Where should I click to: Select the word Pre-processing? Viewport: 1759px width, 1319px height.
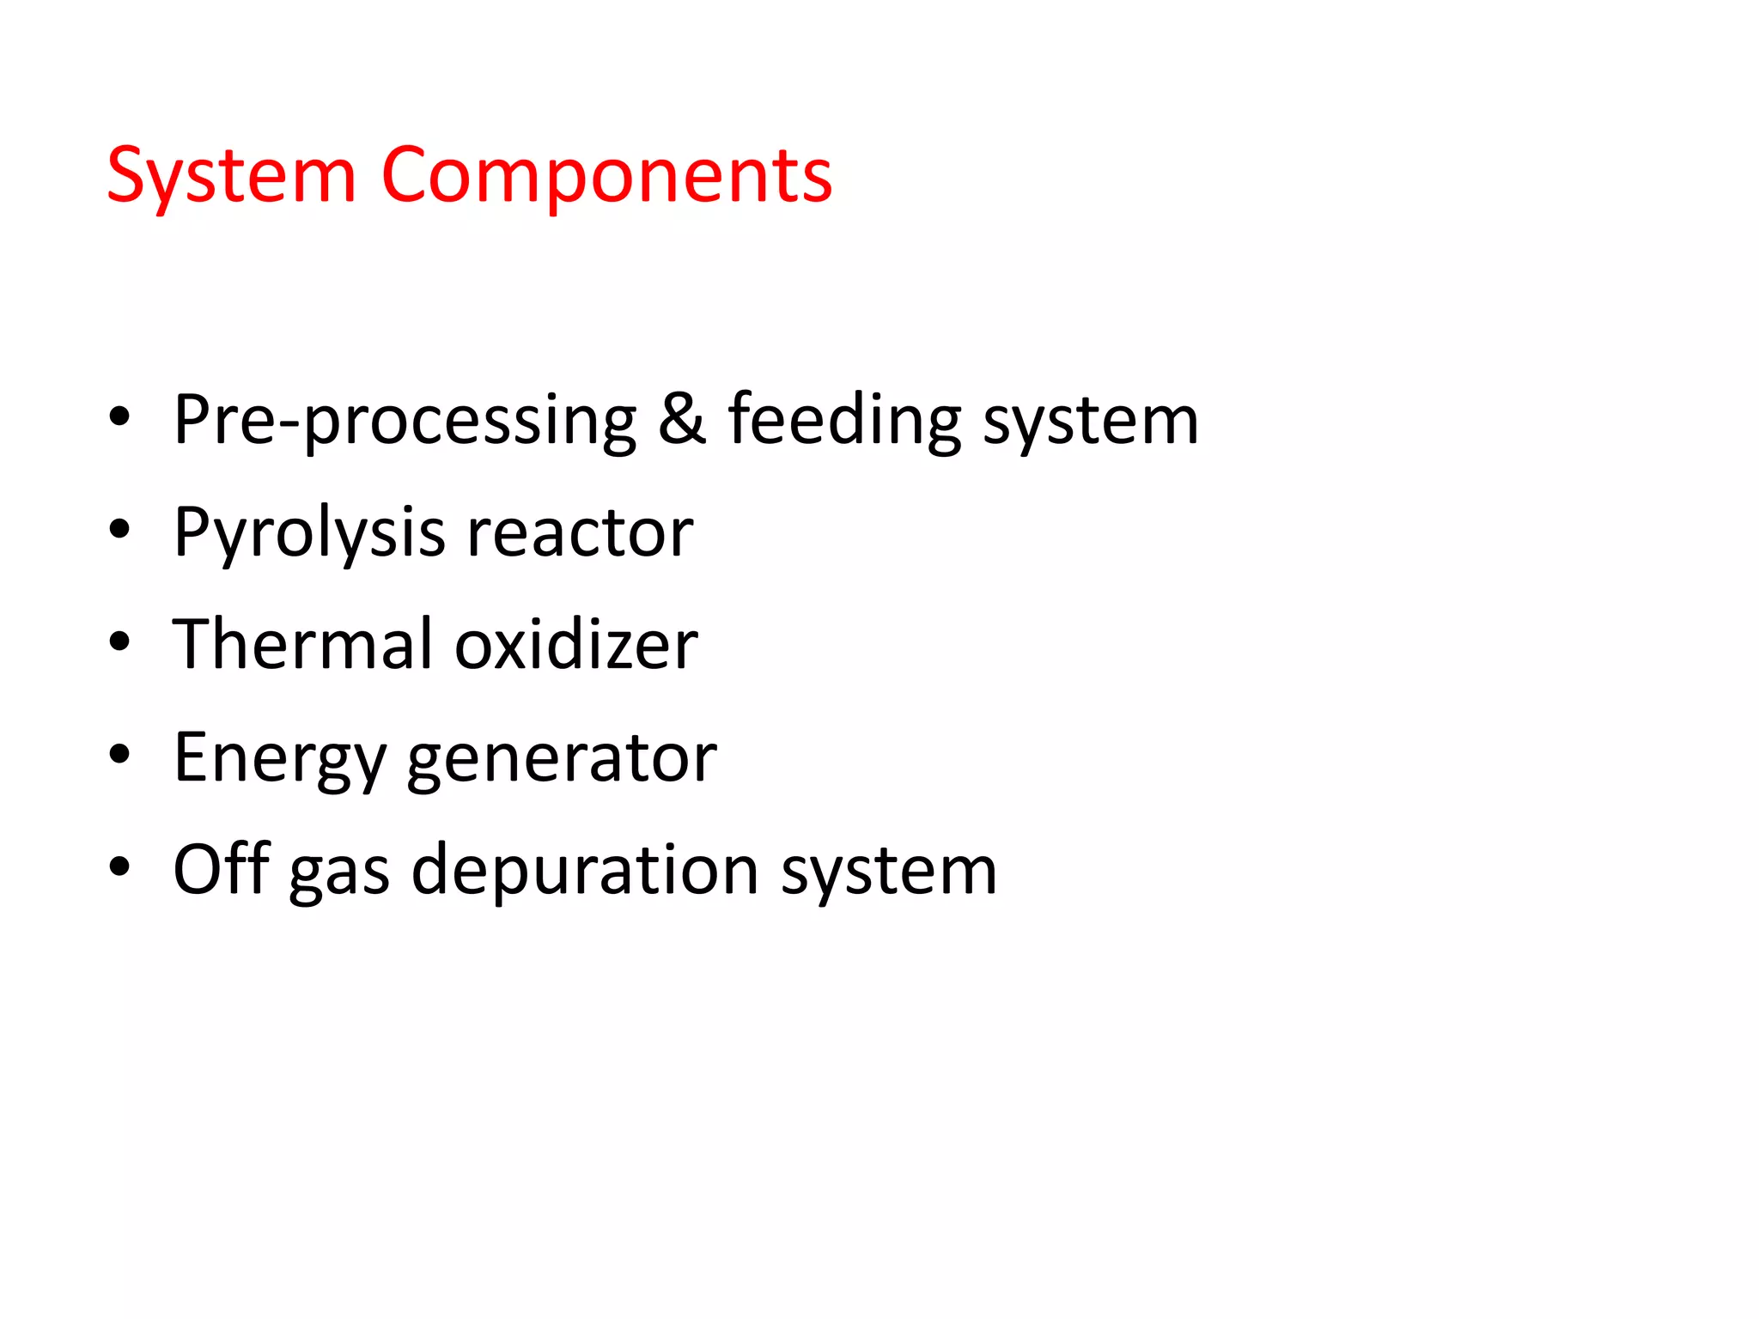[405, 421]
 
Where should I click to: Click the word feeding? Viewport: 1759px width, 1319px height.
[844, 421]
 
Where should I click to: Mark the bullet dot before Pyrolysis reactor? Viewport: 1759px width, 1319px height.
[119, 530]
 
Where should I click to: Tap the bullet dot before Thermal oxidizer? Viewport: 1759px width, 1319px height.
[119, 641]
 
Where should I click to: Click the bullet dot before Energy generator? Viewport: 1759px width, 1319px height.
[119, 755]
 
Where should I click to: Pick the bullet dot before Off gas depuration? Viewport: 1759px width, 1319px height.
[119, 867]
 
